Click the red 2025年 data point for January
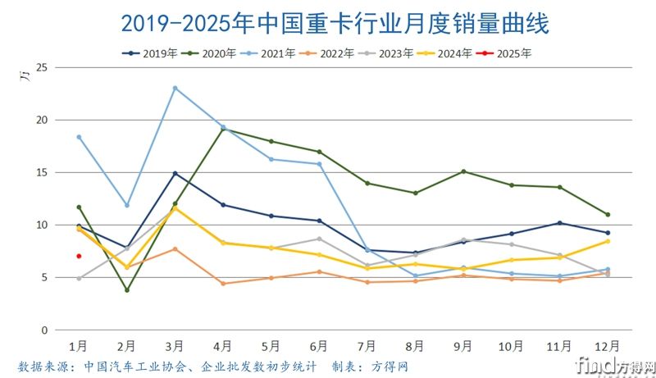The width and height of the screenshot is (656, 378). click(79, 256)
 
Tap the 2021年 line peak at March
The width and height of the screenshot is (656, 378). click(175, 88)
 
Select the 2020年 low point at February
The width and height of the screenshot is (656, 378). click(127, 290)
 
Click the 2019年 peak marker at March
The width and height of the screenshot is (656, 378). click(175, 173)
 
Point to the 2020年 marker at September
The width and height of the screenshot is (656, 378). click(463, 171)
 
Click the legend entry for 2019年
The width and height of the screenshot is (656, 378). click(151, 53)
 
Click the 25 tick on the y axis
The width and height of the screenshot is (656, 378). click(43, 67)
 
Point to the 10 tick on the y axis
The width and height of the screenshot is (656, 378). click(43, 225)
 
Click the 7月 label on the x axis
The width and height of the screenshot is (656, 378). click(367, 346)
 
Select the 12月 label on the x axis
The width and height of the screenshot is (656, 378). click(607, 346)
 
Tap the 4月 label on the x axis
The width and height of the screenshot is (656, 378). click(222, 346)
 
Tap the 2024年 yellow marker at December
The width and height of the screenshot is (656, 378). click(608, 241)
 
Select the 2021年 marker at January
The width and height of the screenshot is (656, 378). click(79, 137)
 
